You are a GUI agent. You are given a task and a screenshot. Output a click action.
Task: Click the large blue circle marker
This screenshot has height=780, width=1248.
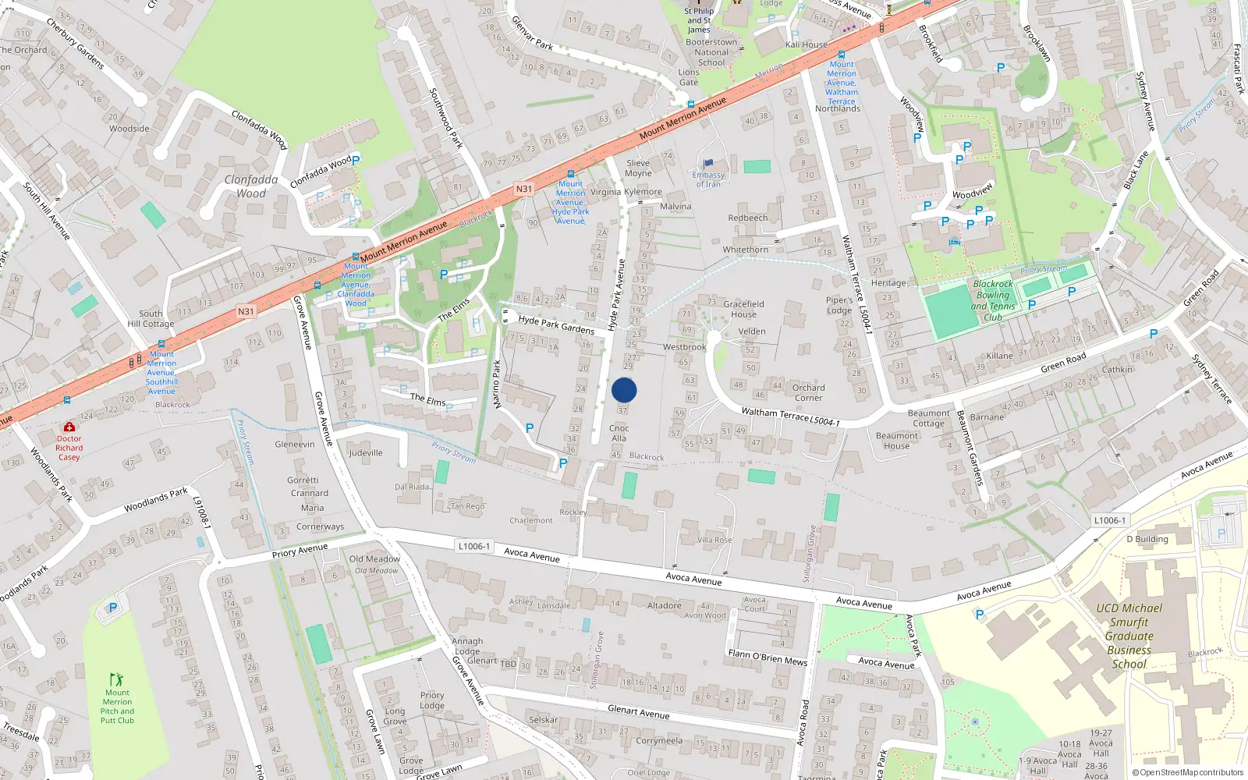[x=624, y=390]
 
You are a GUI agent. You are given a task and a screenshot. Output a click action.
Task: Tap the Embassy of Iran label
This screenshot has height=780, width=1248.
[x=708, y=179]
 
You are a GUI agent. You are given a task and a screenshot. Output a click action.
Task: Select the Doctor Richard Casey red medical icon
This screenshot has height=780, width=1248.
[x=69, y=427]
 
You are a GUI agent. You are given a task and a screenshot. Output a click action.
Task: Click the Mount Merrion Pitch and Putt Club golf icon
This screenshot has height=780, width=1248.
[x=117, y=679]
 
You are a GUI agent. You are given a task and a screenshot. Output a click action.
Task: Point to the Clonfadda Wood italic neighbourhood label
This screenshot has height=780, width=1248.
[x=251, y=186]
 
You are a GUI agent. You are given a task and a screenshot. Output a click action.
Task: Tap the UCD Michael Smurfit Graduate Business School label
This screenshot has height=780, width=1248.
[x=1129, y=636]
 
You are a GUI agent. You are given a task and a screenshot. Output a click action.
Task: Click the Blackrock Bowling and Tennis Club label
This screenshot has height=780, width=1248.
[x=993, y=300]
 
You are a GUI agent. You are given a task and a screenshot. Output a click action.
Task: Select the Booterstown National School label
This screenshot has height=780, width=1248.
[x=711, y=52]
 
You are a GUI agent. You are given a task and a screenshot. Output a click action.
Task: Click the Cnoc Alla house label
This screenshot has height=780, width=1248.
[x=619, y=433]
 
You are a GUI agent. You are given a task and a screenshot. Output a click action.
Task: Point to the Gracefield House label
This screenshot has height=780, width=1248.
[x=743, y=309]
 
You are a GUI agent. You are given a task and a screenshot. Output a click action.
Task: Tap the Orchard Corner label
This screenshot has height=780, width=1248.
[x=808, y=392]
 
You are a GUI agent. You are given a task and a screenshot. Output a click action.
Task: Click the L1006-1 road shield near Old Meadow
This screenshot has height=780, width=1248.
[x=474, y=546]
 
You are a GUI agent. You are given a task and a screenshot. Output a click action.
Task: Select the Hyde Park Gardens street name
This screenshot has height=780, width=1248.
[x=556, y=324]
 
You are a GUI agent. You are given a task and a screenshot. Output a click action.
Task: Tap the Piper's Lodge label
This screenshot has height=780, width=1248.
[x=839, y=305]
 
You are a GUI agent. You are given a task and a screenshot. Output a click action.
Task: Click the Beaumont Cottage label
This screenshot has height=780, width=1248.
[x=928, y=418]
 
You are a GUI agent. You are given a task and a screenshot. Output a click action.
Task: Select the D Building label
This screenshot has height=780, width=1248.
[x=1147, y=539]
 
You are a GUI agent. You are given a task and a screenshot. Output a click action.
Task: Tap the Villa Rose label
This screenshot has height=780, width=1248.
[x=714, y=540]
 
